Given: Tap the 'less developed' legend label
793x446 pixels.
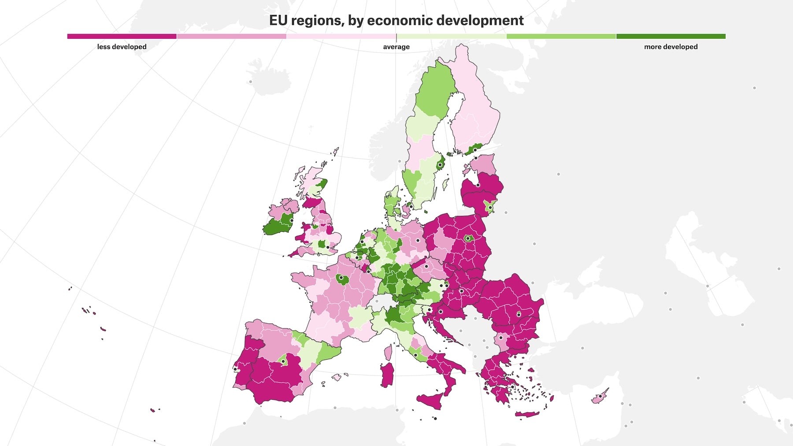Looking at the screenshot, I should coord(122,47).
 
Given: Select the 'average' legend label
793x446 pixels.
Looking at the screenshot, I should coord(396,47).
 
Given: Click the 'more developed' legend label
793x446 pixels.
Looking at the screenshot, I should coord(671,47).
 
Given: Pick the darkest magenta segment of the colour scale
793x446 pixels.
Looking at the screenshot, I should coord(122,37).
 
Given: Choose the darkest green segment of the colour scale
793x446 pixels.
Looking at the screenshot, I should coord(671,37).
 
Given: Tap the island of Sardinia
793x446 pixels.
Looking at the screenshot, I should coord(387,375).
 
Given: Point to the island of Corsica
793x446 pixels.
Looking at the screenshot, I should coord(389,352).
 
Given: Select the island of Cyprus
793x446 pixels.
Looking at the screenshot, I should coord(600,398).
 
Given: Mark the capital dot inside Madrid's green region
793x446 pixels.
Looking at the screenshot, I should coord(283,361).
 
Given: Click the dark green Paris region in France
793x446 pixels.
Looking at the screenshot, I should coord(342,279).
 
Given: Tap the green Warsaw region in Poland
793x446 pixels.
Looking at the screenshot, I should coord(468,238).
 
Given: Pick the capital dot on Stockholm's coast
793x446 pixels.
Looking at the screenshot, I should coord(440,165).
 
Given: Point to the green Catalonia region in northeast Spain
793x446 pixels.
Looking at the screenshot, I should coord(328,353).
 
